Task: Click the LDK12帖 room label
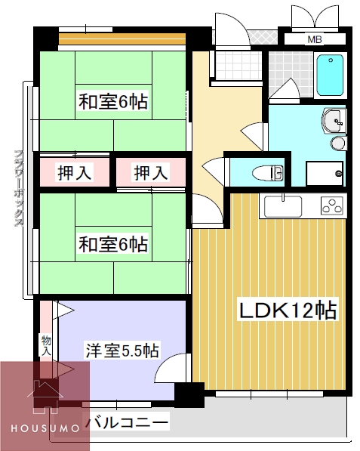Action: [288, 310]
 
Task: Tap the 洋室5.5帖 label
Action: [122, 351]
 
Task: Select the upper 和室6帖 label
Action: [112, 103]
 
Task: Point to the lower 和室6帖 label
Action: [112, 244]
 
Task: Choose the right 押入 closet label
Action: [150, 173]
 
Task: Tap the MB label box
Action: [315, 39]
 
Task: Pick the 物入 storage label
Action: [46, 346]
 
